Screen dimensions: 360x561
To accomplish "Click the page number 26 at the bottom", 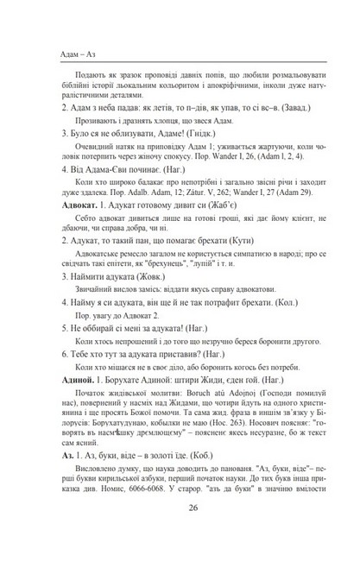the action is tap(180, 532).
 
